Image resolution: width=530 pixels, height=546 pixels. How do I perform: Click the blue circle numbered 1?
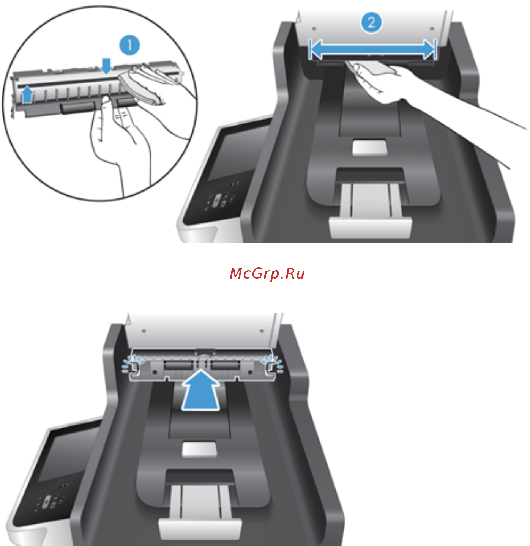pyautogui.click(x=129, y=45)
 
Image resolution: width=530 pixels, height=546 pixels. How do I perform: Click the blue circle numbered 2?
pyautogui.click(x=371, y=22)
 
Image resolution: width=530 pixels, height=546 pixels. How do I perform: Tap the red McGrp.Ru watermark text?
pyautogui.click(x=267, y=274)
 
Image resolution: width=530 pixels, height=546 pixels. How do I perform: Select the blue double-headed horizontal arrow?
pyautogui.click(x=372, y=49)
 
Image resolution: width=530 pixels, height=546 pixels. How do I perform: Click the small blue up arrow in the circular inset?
pyautogui.click(x=27, y=94)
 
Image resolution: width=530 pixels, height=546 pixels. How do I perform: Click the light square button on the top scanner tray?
pyautogui.click(x=369, y=147)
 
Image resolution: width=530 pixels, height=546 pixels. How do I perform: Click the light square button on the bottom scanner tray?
pyautogui.click(x=199, y=449)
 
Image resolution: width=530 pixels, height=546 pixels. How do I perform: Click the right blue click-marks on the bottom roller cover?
pyautogui.click(x=272, y=364)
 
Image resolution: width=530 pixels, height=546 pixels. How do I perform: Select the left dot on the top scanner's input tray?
pyautogui.click(x=314, y=28)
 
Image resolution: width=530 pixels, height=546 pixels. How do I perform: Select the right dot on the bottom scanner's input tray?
pyautogui.click(x=262, y=331)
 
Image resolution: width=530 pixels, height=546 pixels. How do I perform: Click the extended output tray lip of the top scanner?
pyautogui.click(x=370, y=228)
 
